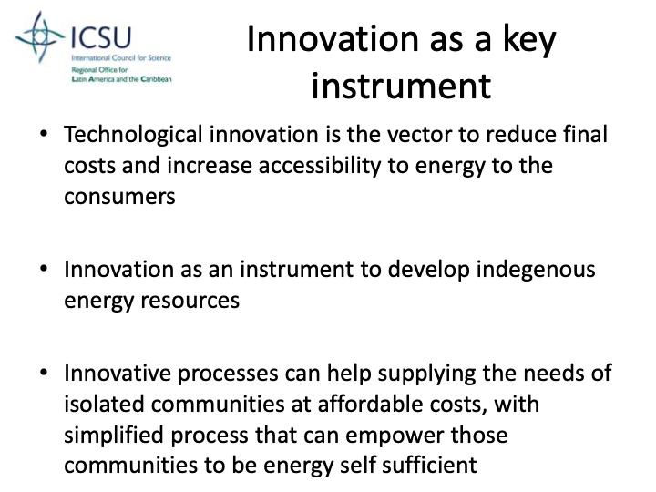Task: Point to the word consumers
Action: pos(119,196)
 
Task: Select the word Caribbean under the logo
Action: pos(153,79)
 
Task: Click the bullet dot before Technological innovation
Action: pos(44,134)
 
